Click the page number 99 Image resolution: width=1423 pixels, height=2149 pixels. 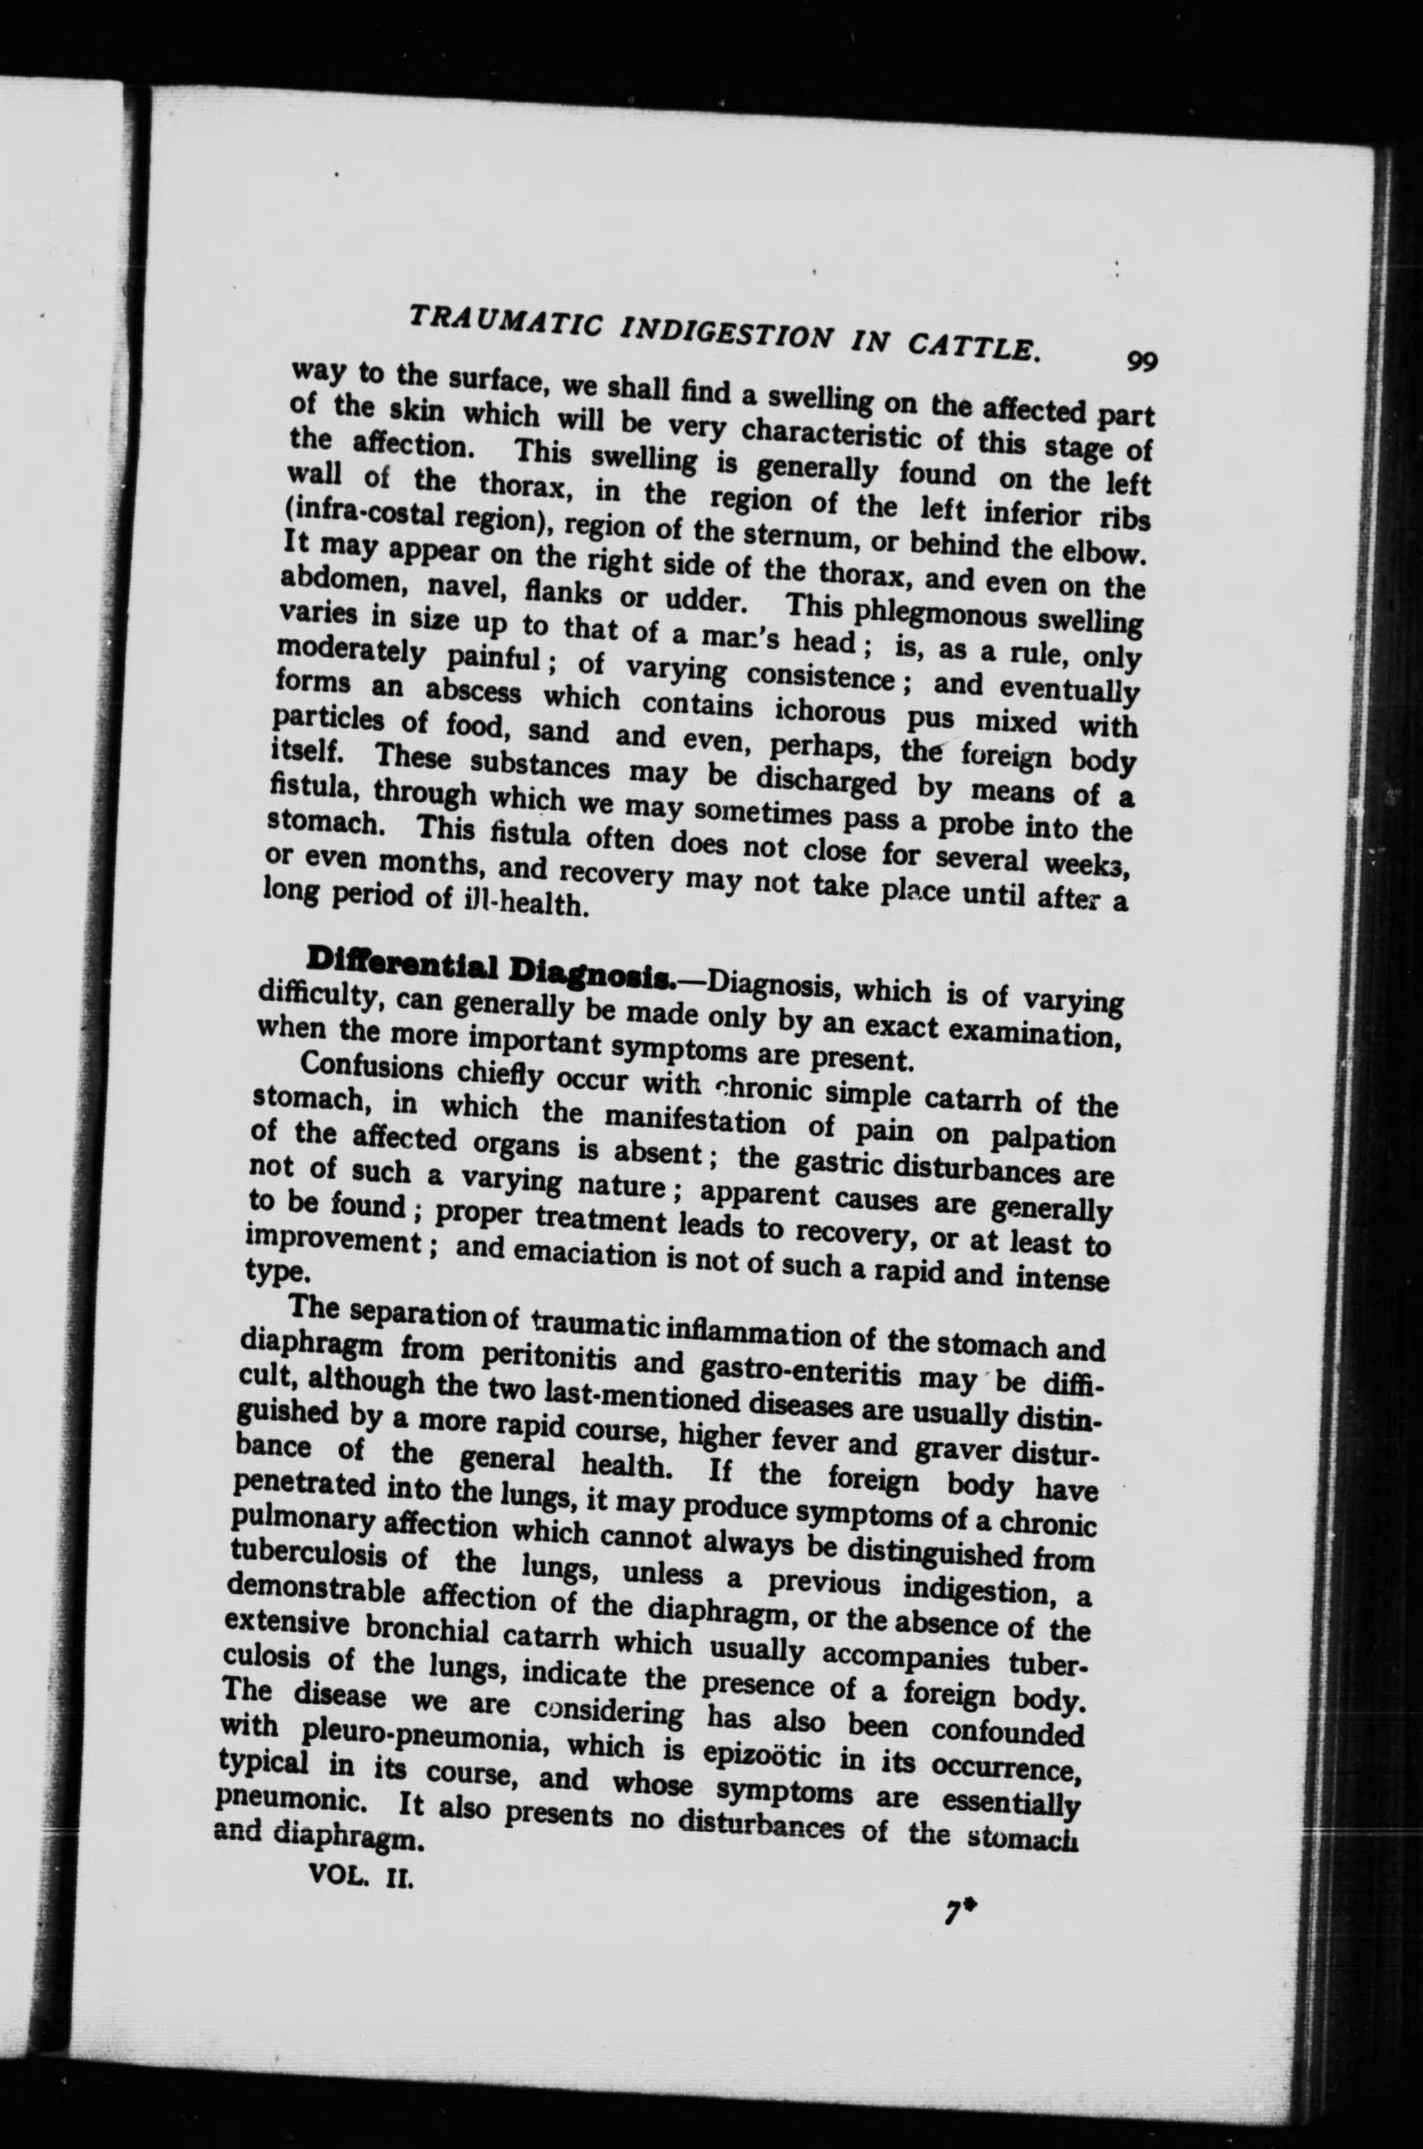click(x=1140, y=362)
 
